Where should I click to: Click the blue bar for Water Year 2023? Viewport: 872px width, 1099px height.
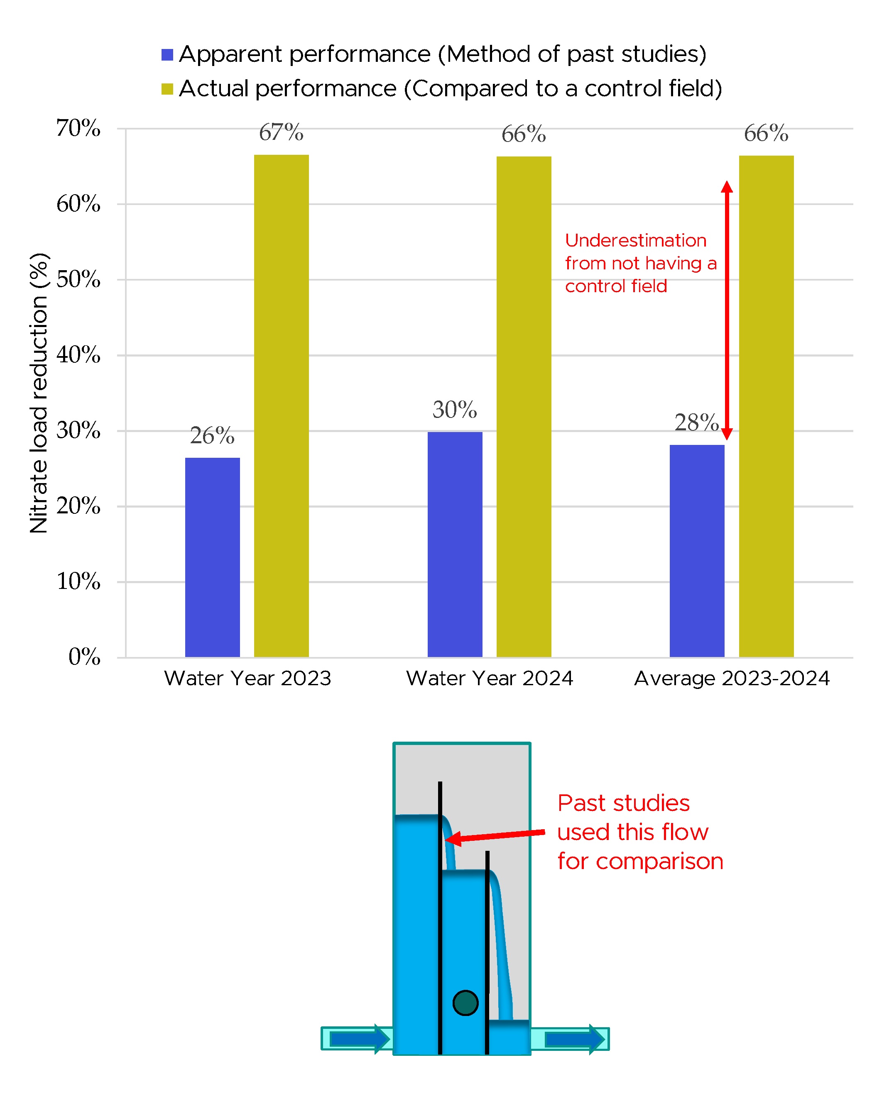212,557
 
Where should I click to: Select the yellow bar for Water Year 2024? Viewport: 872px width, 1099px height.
524,406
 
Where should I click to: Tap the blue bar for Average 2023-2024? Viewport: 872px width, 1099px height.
697,550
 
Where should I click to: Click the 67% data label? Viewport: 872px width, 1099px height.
281,132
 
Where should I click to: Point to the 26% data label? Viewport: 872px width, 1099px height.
212,436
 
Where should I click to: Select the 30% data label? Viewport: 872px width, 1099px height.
454,410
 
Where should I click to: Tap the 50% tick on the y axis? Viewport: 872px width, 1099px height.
78,279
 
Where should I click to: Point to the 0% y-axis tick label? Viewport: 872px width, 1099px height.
84,657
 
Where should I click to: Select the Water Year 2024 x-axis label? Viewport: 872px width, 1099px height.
490,679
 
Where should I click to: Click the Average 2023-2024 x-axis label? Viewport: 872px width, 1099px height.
732,679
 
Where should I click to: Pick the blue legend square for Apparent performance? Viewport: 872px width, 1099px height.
167,54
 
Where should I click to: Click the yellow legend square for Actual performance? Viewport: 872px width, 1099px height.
167,89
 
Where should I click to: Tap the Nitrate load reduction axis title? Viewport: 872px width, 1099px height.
39,393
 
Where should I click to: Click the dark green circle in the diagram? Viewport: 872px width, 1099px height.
465,1003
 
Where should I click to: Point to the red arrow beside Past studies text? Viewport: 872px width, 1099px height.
495,835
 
